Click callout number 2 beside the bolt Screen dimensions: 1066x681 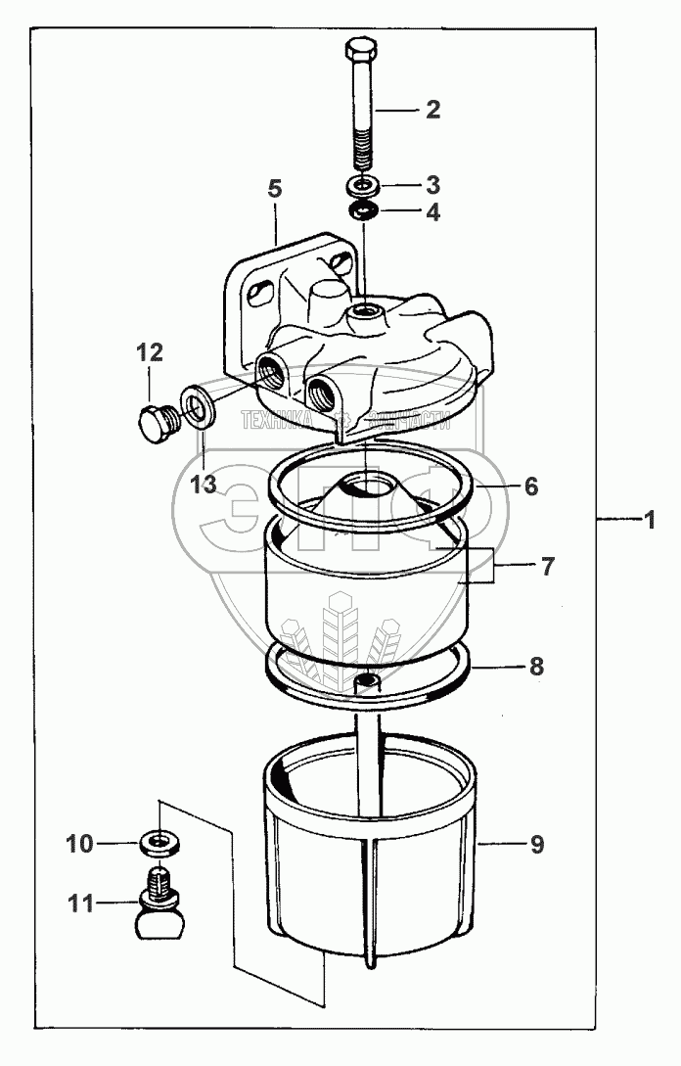[x=431, y=110]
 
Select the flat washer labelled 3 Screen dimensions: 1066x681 [x=364, y=185]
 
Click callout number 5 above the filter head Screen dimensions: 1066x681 [x=274, y=189]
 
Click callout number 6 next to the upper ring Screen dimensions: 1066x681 [x=530, y=486]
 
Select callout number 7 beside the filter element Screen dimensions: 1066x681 [x=547, y=566]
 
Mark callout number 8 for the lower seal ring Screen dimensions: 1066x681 [x=535, y=667]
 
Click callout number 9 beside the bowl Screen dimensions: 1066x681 [x=536, y=843]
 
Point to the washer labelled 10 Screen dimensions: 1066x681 [x=154, y=841]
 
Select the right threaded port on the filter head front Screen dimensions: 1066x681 [x=321, y=393]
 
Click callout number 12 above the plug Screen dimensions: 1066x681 [x=150, y=351]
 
